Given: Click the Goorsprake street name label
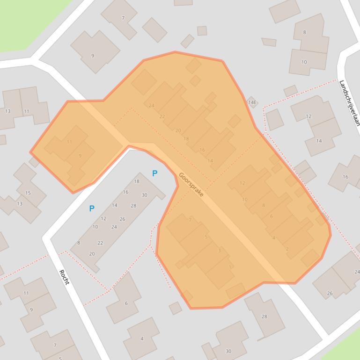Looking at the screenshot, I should pyautogui.click(x=191, y=184).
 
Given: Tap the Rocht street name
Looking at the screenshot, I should pyautogui.click(x=64, y=277).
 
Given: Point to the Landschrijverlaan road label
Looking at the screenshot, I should pyautogui.click(x=349, y=103).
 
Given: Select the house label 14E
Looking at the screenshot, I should pyautogui.click(x=252, y=102).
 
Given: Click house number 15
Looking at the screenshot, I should pyautogui.click(x=28, y=193).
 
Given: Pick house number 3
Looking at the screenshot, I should pyautogui.click(x=219, y=251).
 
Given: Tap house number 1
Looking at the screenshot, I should pyautogui.click(x=230, y=267).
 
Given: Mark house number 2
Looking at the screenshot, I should pyautogui.click(x=287, y=249).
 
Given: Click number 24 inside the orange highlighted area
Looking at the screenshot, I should pyautogui.click(x=151, y=106).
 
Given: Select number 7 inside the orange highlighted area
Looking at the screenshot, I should pyautogui.click(x=190, y=220).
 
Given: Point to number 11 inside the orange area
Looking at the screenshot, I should pyautogui.click(x=69, y=142).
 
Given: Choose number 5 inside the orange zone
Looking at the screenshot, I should pyautogui.click(x=206, y=237).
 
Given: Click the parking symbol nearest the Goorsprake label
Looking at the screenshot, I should pyautogui.click(x=154, y=173).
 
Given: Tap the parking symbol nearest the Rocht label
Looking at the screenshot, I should pyautogui.click(x=92, y=209).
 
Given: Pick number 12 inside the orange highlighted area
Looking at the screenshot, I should pyautogui.click(x=242, y=183).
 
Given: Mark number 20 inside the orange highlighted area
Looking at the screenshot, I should pyautogui.click(x=178, y=130).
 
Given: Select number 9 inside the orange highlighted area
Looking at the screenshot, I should pyautogui.click(x=80, y=156).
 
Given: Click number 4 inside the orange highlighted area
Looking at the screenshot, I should pyautogui.click(x=274, y=238).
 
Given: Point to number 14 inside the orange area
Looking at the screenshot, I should pyautogui.click(x=210, y=161).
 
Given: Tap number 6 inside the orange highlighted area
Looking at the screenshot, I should pyautogui.click(x=271, y=216).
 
